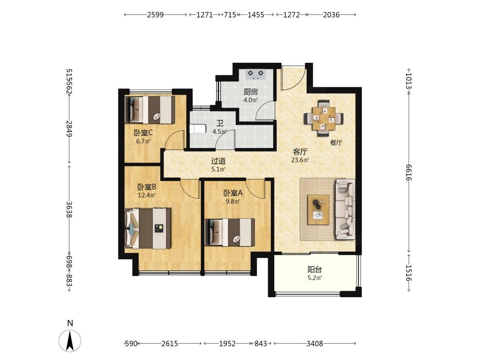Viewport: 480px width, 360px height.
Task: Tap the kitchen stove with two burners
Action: click(256, 74)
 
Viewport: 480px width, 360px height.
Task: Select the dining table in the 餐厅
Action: click(324, 118)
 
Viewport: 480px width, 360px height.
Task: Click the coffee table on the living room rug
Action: click(319, 210)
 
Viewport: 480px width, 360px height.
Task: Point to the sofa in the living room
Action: click(345, 209)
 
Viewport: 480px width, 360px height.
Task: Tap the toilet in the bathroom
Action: click(196, 129)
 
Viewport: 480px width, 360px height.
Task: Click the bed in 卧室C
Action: click(150, 110)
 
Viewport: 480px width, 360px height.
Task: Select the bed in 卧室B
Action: click(148, 228)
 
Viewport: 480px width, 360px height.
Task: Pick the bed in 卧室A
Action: click(230, 232)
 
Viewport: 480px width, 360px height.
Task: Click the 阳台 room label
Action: click(315, 270)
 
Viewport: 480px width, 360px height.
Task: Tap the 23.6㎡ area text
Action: click(300, 160)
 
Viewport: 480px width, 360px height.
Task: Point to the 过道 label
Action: click(219, 161)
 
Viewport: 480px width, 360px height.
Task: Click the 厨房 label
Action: click(251, 92)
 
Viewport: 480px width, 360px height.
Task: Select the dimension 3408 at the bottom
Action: click(315, 343)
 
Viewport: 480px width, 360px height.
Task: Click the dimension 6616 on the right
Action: click(408, 173)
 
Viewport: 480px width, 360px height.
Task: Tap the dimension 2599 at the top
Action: click(155, 15)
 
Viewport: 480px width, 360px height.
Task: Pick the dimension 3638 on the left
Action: click(69, 209)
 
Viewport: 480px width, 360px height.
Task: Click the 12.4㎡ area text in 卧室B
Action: click(147, 195)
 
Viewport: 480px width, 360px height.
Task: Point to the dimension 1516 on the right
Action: click(408, 273)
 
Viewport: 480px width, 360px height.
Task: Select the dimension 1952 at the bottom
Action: click(228, 343)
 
